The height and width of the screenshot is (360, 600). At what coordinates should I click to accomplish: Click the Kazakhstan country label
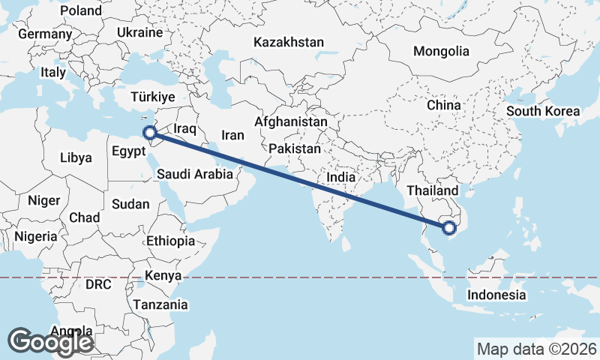point(289,42)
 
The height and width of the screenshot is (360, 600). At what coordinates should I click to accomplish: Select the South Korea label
point(543,111)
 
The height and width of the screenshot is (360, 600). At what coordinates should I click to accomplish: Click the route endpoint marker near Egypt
point(150,133)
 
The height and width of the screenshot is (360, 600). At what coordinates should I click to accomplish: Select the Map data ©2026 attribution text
point(536,349)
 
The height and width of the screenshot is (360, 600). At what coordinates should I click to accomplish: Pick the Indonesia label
point(496,295)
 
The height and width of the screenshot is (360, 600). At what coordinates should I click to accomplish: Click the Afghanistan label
point(291,121)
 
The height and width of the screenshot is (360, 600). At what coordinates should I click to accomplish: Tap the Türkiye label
point(152,97)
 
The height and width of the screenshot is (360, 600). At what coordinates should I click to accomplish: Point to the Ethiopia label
point(170,241)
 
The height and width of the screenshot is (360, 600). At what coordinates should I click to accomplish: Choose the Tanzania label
point(160,304)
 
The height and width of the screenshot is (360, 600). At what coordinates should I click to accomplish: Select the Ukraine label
point(139,33)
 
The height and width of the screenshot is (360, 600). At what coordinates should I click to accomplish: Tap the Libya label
point(76,158)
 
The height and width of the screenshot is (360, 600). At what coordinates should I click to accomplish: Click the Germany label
point(45,34)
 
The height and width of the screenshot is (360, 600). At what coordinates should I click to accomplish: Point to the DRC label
point(97,285)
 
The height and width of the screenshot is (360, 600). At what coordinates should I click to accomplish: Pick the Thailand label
point(432,190)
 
